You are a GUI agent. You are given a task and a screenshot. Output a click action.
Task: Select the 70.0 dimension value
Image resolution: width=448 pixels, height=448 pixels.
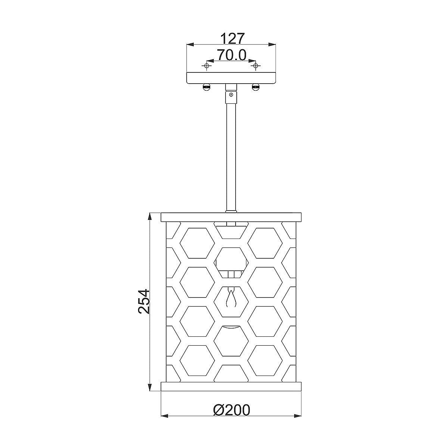[231, 55]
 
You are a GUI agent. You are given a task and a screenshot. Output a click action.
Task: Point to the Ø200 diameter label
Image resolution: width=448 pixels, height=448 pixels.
[231, 410]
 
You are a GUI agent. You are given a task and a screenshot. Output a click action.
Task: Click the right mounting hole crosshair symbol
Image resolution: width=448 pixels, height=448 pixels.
[256, 66]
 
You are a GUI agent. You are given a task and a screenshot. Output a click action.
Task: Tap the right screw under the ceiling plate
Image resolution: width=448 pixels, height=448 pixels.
[256, 87]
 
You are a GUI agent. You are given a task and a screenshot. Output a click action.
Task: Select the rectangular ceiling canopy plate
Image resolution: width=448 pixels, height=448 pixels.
[231, 78]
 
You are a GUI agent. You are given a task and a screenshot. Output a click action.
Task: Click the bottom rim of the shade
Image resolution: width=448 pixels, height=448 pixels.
[231, 386]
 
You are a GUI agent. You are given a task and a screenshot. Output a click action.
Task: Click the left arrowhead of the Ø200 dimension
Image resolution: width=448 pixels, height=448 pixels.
[165, 416]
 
